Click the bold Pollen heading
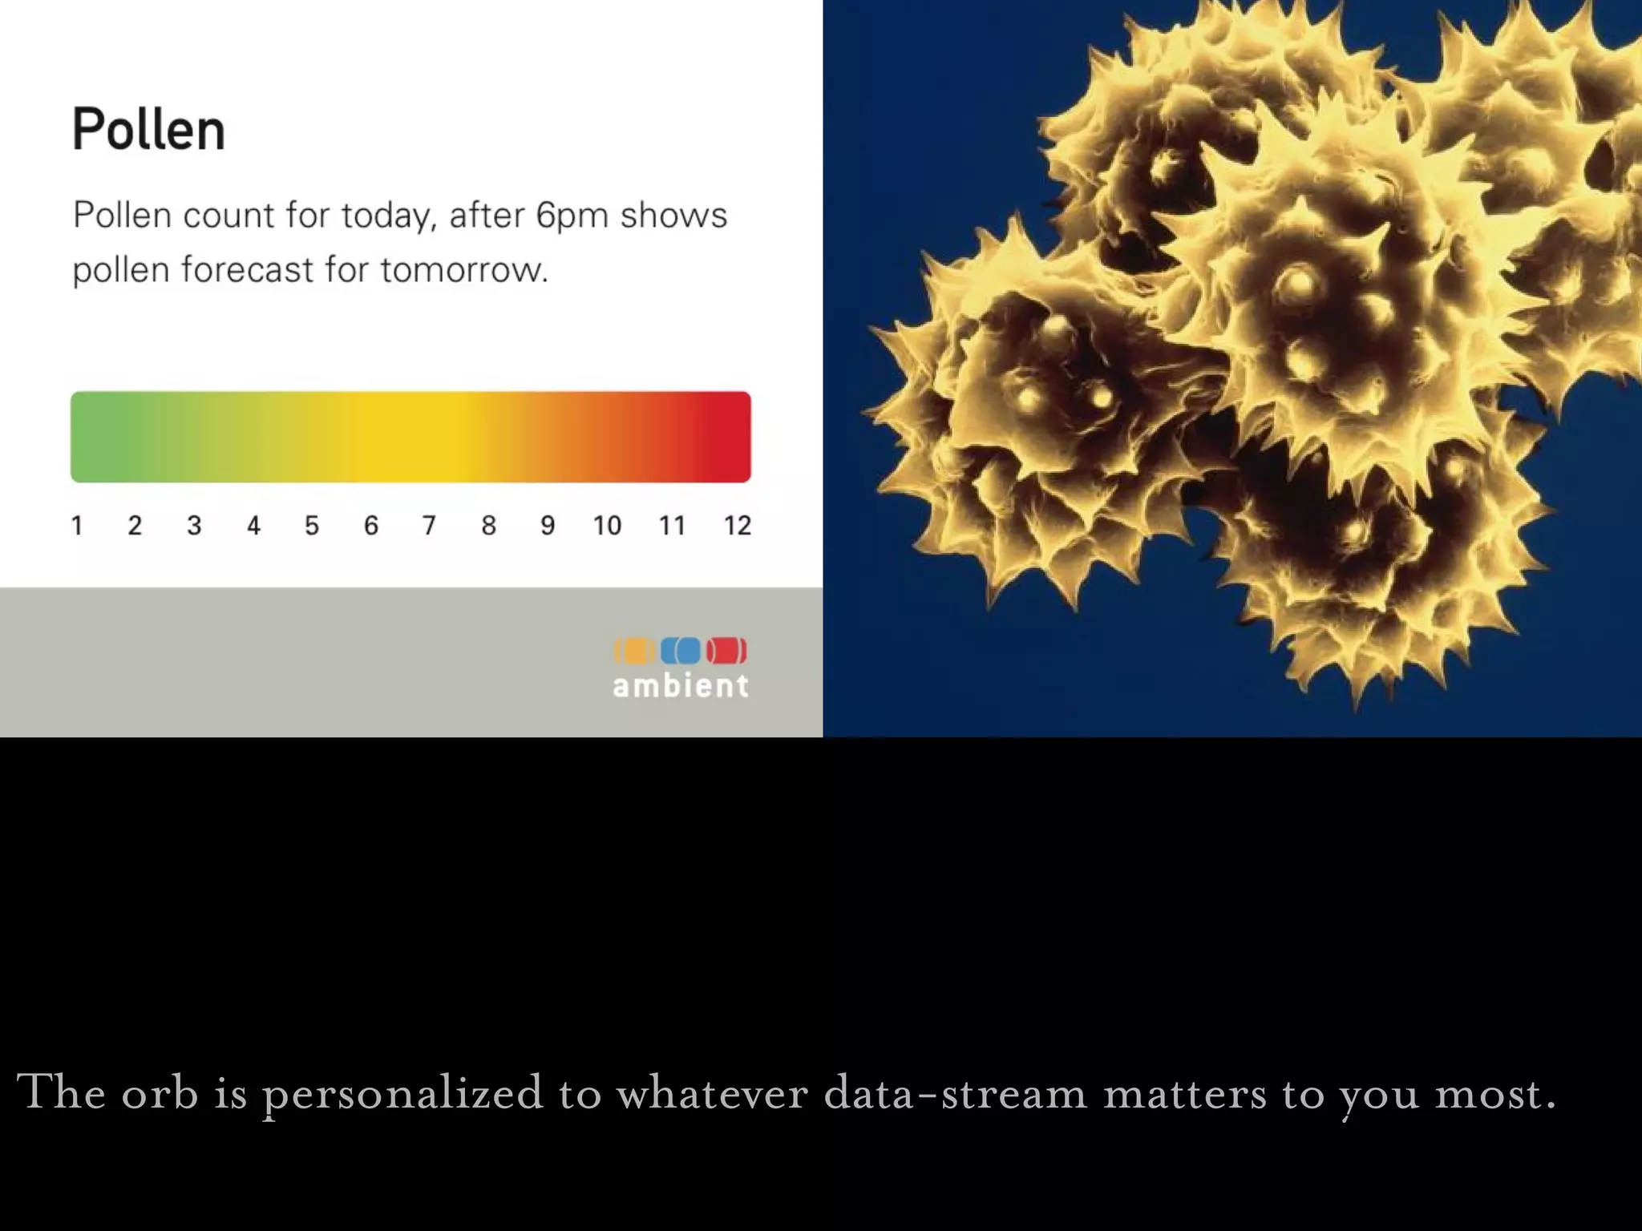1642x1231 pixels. point(148,129)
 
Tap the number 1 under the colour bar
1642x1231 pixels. point(77,526)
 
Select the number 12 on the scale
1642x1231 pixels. point(737,526)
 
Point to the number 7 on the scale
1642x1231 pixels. point(429,526)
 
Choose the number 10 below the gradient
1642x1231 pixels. point(607,526)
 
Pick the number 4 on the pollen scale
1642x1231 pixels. point(253,526)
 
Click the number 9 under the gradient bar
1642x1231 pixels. point(547,526)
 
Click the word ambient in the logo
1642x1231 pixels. point(681,686)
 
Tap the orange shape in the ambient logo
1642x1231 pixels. point(634,651)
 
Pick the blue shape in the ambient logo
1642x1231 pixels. point(681,651)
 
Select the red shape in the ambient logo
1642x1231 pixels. point(726,651)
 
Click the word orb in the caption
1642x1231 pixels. point(160,1093)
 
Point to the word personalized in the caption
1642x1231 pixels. point(402,1093)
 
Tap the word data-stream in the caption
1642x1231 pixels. point(955,1093)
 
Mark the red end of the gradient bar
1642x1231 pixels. point(726,437)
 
